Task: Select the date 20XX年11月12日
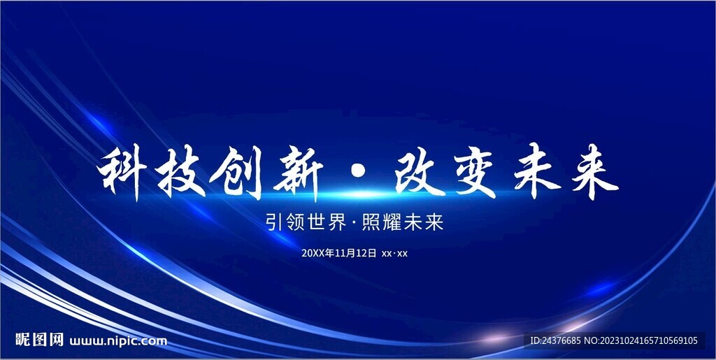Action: (339, 253)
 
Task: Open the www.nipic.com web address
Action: (119, 341)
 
